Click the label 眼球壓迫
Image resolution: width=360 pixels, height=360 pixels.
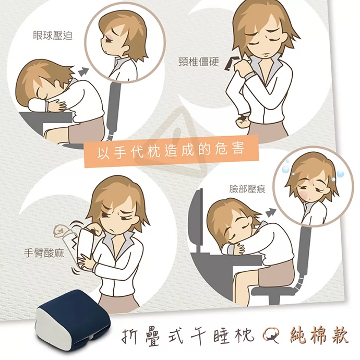point(53,35)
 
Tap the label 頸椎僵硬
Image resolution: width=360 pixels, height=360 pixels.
point(199,62)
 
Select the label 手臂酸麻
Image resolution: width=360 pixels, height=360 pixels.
point(44,253)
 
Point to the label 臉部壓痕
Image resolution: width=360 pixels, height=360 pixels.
point(247,189)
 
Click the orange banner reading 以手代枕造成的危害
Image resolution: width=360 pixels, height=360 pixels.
point(171,151)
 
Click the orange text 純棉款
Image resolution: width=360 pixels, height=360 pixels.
point(319,336)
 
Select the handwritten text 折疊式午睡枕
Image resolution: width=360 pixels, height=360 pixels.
point(187,337)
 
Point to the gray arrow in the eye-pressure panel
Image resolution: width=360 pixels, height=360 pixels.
point(83,71)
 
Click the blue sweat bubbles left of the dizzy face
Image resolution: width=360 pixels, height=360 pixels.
point(285,167)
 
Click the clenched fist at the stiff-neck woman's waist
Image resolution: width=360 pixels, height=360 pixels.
point(242,121)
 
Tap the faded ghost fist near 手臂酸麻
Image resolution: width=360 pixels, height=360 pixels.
point(60,230)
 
